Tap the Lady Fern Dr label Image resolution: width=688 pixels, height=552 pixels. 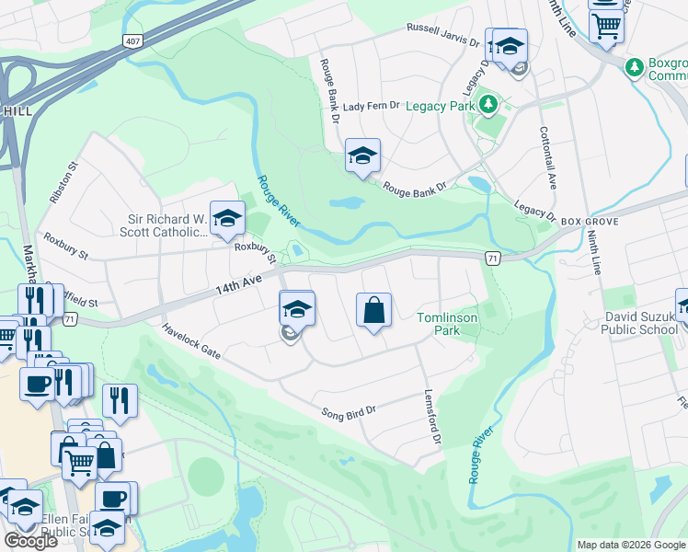tap(371, 107)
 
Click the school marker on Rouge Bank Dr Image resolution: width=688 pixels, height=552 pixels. tap(362, 155)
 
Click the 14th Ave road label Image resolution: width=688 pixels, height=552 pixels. tap(234, 282)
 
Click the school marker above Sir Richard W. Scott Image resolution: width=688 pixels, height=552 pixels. tap(227, 218)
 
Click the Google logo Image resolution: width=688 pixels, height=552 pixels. tap(30, 540)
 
